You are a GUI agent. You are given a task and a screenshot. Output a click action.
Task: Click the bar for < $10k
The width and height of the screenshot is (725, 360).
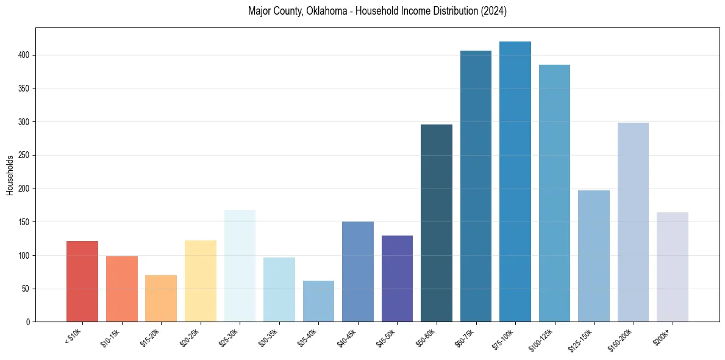coord(82,281)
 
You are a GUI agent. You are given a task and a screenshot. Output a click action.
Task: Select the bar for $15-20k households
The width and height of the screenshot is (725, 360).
coord(161,298)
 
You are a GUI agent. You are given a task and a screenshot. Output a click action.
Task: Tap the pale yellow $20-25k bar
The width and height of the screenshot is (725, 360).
coord(200,281)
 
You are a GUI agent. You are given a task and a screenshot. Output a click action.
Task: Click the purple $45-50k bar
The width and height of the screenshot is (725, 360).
coord(397,278)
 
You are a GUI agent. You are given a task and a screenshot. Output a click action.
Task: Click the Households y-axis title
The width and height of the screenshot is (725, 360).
coord(10,175)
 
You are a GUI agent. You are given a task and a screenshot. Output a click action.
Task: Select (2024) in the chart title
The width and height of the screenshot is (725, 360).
coord(494,11)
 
